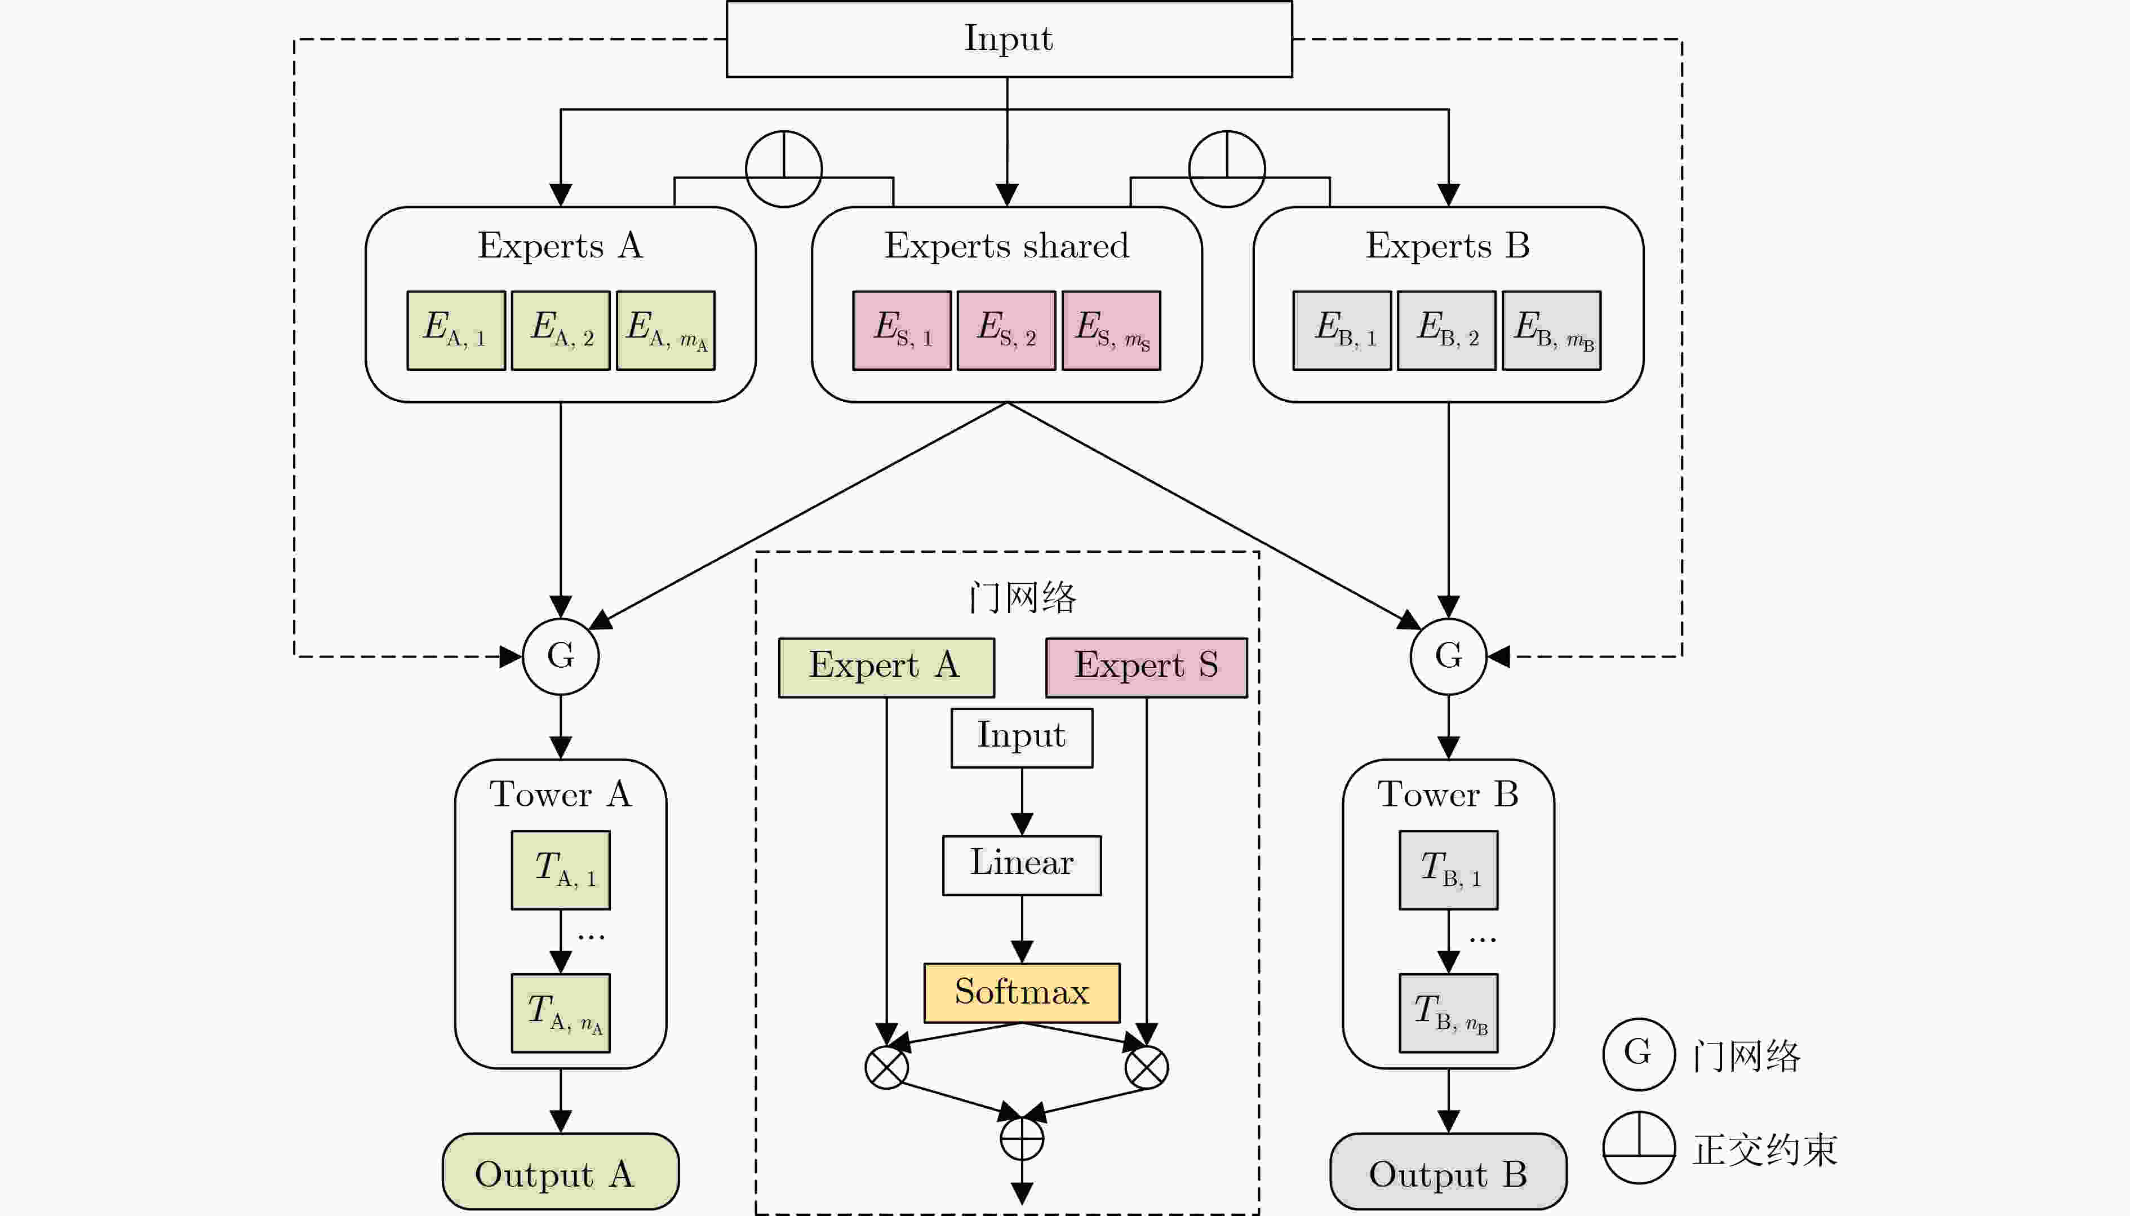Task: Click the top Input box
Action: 1009,39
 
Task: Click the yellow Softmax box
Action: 1021,992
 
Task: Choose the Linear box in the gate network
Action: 1021,864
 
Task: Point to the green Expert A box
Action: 886,667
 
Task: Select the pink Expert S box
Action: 1146,667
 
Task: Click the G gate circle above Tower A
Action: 560,656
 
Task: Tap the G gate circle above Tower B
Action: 1448,656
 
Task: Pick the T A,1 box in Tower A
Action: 560,869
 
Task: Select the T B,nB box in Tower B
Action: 1448,1012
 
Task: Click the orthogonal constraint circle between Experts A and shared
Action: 783,168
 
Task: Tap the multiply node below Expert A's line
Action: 886,1067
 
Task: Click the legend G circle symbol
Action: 1638,1054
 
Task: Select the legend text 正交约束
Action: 1764,1149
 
